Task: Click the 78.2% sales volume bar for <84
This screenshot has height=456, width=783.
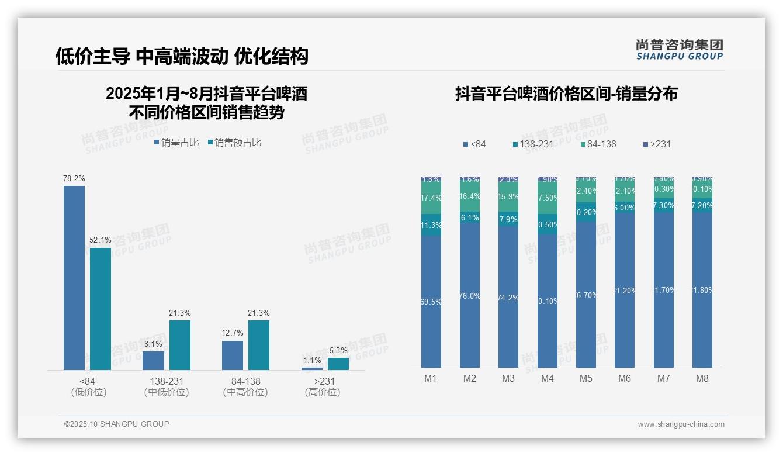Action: click(74, 278)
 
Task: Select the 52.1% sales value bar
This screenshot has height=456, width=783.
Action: click(101, 309)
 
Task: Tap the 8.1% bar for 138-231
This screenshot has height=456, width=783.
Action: click(153, 360)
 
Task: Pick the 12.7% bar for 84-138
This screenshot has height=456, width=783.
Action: click(233, 355)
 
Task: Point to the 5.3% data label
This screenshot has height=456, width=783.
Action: click(338, 350)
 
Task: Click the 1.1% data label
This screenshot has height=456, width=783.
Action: click(312, 360)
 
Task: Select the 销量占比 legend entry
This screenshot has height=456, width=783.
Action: click(176, 142)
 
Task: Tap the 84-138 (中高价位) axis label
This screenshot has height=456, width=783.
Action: click(245, 386)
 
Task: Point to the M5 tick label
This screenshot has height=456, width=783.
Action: click(586, 378)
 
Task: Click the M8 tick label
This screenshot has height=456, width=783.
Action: click(702, 378)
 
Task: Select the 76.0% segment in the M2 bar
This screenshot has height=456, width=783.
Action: click(470, 296)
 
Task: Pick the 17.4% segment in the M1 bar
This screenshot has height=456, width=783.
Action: click(431, 198)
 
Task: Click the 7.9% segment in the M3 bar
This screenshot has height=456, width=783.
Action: click(508, 219)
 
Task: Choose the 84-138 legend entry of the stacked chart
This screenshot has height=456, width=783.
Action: click(598, 144)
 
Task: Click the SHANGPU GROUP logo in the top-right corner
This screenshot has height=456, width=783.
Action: click(680, 49)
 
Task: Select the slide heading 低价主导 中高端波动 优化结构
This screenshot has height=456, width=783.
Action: click(182, 56)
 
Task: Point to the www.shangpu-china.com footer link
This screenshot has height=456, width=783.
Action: click(681, 424)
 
